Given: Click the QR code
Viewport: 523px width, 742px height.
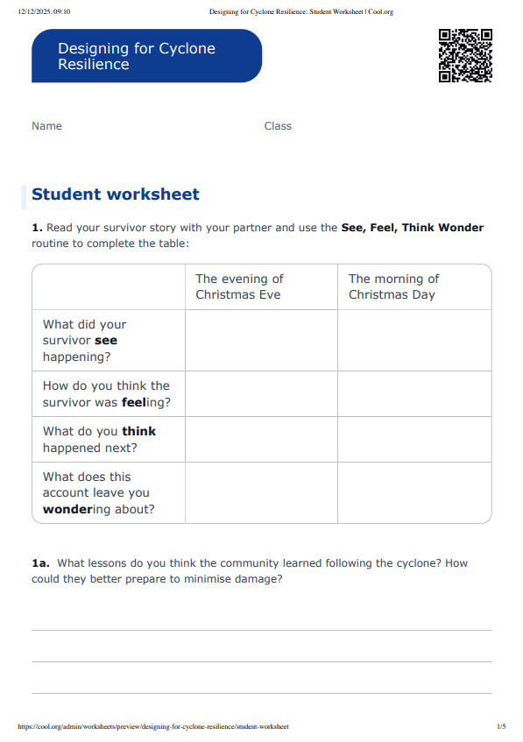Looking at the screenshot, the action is (465, 55).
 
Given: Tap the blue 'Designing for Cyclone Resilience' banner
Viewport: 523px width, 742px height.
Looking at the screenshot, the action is (146, 56).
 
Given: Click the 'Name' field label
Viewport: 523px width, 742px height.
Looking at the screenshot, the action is (47, 126).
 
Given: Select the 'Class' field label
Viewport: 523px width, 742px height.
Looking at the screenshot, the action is (278, 126).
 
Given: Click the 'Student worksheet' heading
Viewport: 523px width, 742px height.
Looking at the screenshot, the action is (116, 194).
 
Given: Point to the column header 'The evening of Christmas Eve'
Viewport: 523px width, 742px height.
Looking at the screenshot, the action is (239, 286).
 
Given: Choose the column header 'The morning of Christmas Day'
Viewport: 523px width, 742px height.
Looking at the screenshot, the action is (393, 286).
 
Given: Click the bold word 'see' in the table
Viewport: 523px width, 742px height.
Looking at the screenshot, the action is (105, 340).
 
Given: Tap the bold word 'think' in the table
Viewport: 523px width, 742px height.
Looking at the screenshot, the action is (138, 431).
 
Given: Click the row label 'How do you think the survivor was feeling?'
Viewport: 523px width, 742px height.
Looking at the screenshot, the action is (106, 394).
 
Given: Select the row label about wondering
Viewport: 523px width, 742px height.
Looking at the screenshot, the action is (98, 493).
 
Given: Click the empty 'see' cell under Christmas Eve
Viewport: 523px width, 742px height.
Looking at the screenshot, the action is (261, 340).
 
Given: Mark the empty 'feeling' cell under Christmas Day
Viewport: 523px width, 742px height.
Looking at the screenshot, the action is (414, 394).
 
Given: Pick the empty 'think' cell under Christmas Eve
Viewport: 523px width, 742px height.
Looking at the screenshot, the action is (261, 440).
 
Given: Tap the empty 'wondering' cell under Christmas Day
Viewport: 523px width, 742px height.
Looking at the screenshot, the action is (414, 493).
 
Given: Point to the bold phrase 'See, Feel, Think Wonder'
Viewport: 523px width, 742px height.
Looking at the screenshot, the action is (412, 228).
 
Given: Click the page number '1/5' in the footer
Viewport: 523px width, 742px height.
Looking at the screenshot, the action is (501, 727).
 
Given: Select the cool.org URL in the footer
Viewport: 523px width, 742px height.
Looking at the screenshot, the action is (152, 727).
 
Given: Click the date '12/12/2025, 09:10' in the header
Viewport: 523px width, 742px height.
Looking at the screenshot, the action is (44, 11).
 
